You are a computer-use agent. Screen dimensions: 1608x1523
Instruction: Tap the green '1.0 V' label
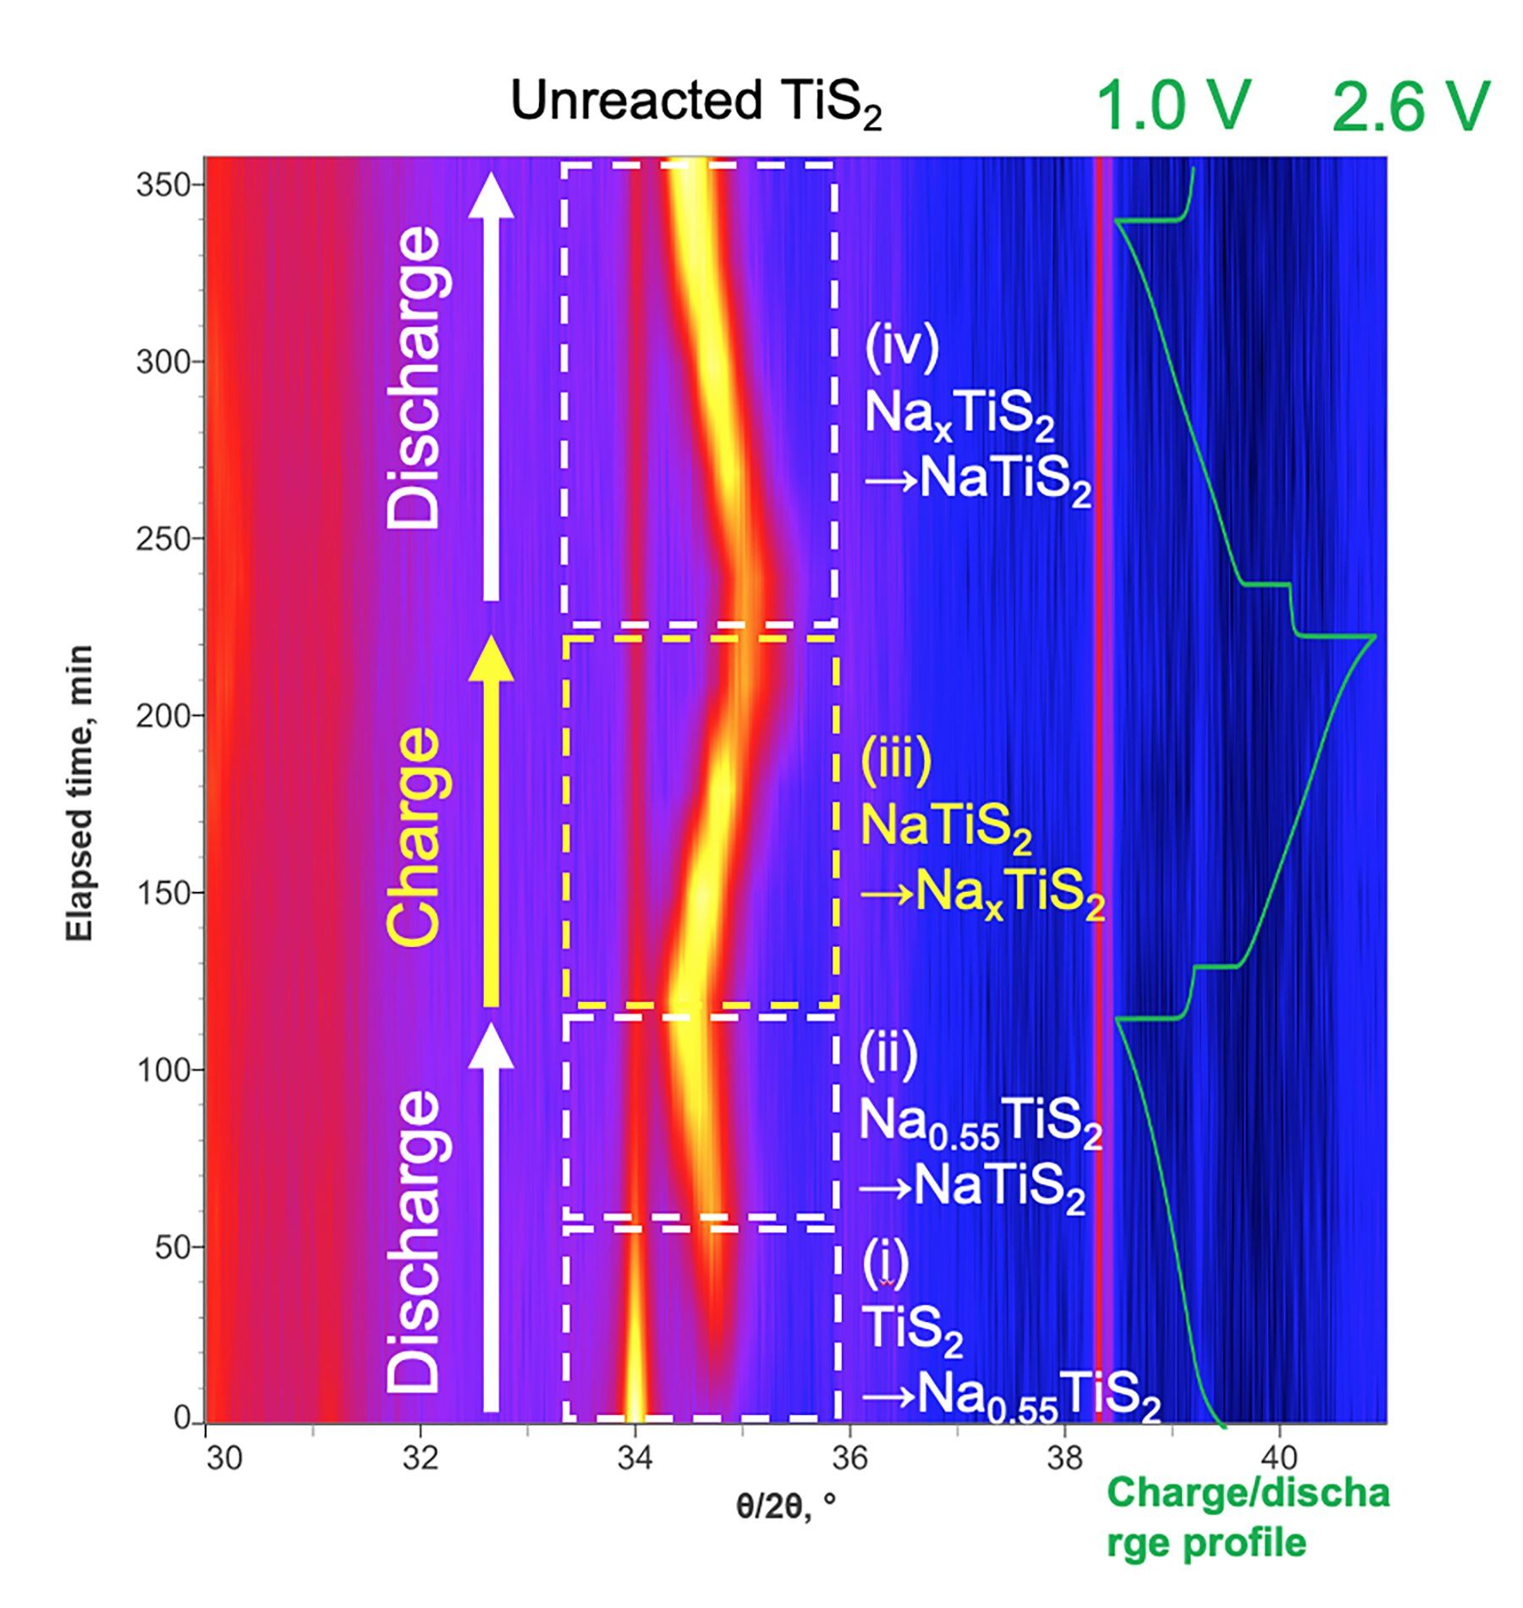(x=1173, y=107)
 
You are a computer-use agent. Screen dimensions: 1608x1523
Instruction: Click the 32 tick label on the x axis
(x=420, y=1457)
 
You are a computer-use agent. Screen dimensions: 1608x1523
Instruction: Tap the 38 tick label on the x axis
(x=1064, y=1457)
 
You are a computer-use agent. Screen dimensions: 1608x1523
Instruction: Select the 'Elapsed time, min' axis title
(x=80, y=792)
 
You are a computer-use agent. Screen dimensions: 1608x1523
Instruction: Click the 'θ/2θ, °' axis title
(x=785, y=1506)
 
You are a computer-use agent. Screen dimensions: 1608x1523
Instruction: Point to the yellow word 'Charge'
(x=414, y=836)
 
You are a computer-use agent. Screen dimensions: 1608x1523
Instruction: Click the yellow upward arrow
(x=491, y=821)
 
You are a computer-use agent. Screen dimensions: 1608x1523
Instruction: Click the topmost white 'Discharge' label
(x=414, y=377)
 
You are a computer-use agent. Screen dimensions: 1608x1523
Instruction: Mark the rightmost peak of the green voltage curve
(x=1374, y=636)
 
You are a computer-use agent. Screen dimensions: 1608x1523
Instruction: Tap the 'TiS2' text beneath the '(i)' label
(x=912, y=1329)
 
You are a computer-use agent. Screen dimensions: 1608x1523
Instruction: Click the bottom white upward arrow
(x=491, y=1219)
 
